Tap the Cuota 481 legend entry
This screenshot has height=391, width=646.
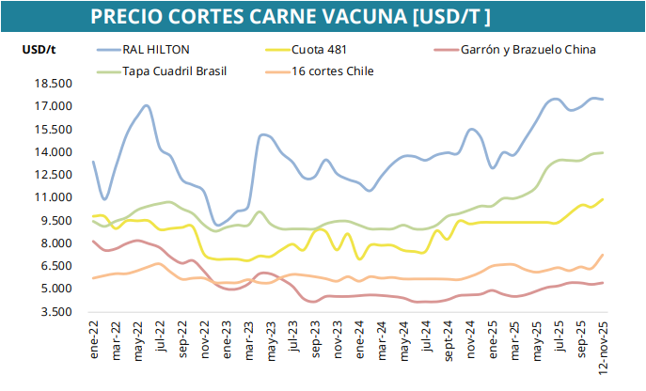point(319,50)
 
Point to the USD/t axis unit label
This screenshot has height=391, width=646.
point(38,49)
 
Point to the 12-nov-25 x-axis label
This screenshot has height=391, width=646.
point(603,347)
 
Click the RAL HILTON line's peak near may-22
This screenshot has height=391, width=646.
point(147,105)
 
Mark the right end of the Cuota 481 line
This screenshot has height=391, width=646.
point(602,199)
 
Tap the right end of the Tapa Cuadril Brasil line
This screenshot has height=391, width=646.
point(602,152)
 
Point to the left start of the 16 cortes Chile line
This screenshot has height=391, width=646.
point(93,278)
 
